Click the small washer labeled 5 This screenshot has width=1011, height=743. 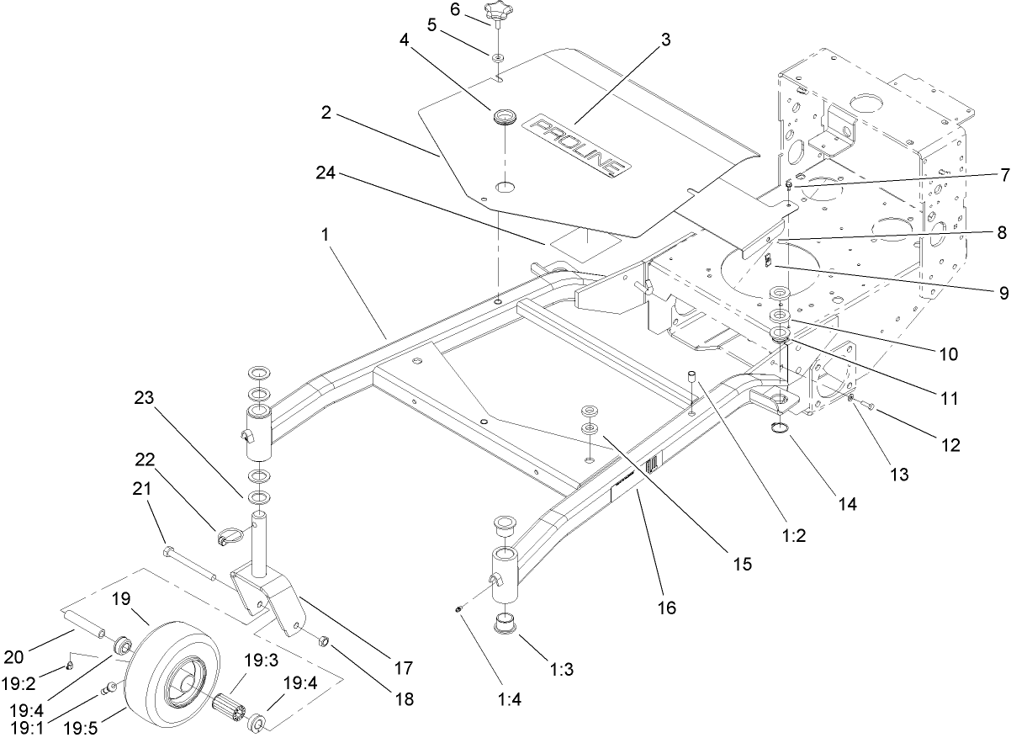tap(498, 56)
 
